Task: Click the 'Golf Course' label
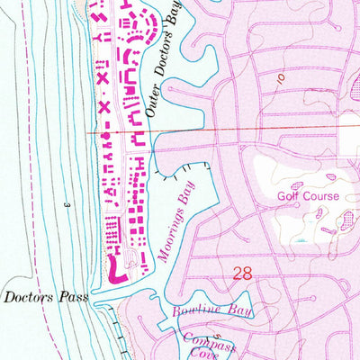click(307, 195)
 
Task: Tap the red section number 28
click(242, 274)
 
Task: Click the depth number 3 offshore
click(66, 206)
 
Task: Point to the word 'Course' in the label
click(320, 195)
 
